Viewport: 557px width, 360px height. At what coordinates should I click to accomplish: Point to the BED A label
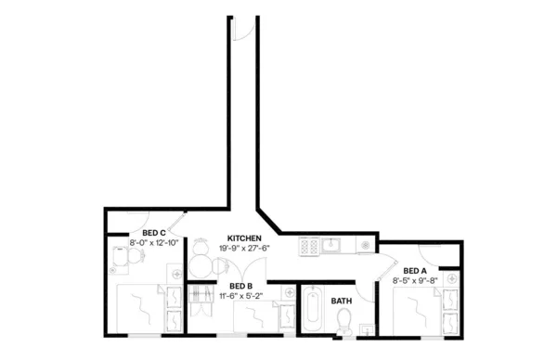[x=415, y=270]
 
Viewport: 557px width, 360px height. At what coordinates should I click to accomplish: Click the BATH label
[x=342, y=301]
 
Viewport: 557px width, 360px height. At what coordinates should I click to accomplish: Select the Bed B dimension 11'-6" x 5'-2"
[x=240, y=295]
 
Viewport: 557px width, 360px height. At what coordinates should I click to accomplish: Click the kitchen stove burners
[x=308, y=246]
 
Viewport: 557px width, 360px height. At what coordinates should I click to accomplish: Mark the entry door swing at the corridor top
[x=241, y=28]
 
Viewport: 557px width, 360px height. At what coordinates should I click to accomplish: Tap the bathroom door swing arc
[x=368, y=288]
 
